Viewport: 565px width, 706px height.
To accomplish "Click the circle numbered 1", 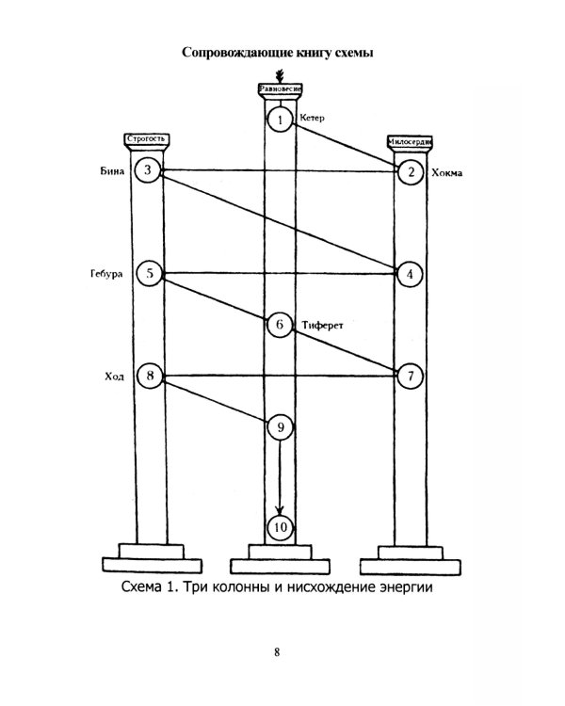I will [280, 120].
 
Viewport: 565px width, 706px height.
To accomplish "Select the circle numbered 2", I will [411, 171].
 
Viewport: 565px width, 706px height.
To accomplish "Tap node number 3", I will [148, 170].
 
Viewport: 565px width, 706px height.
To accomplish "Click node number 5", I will [149, 273].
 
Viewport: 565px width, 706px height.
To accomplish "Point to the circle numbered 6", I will [280, 325].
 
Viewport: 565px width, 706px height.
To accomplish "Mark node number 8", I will [149, 376].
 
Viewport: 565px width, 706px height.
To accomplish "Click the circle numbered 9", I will [280, 427].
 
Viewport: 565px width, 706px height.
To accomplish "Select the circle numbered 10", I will [280, 527].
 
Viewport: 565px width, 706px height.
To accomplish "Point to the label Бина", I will [112, 170].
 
